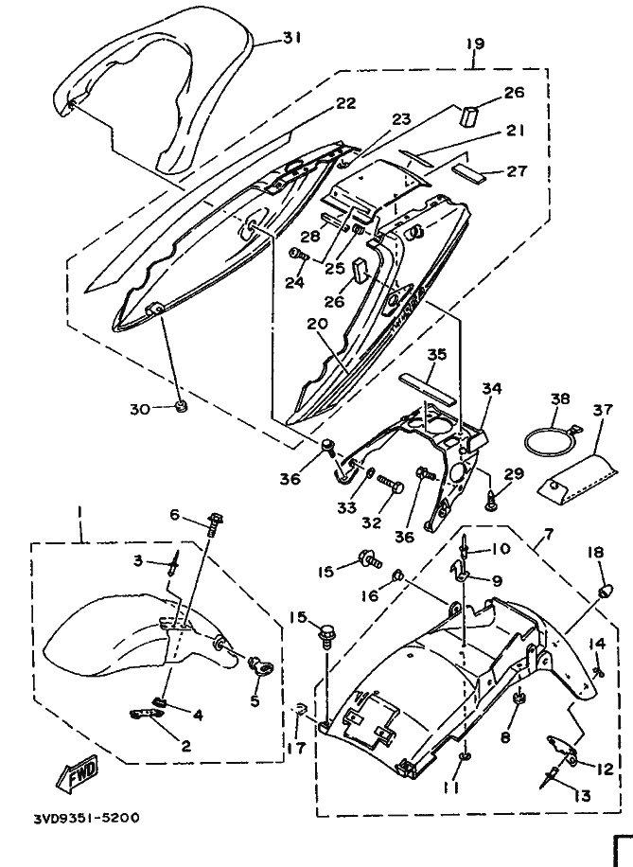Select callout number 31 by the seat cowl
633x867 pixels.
pos(291,38)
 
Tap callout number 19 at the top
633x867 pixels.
pos(474,44)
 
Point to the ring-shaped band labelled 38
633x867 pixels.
pos(550,439)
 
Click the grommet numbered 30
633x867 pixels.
pos(180,408)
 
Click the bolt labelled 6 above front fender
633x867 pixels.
pos(215,523)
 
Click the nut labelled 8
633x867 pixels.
pos(519,698)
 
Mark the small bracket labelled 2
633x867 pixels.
pos(148,714)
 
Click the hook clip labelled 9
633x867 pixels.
pos(461,571)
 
